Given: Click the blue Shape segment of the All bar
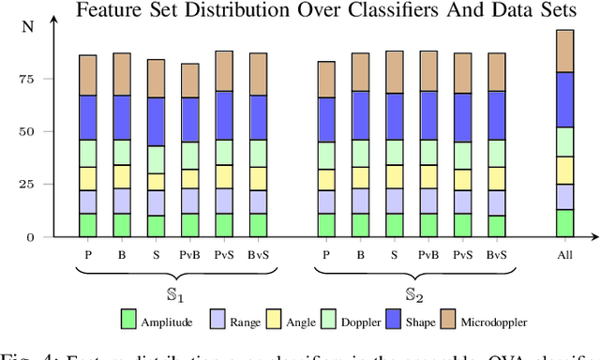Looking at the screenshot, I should click(x=565, y=99).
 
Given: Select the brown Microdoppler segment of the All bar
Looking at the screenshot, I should click(x=565, y=51).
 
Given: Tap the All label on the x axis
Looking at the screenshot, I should click(x=565, y=254).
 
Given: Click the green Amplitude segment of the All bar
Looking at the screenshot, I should click(x=565, y=223).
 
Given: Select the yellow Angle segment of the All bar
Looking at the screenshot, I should click(x=565, y=170).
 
